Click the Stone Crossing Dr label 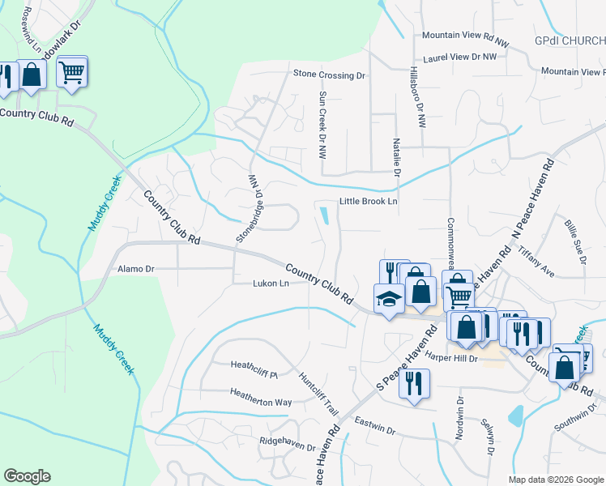point(329,75)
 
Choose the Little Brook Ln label point(368,201)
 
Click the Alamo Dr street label point(135,268)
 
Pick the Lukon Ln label point(271,283)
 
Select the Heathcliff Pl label point(254,375)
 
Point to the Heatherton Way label point(260,402)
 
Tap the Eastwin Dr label point(377,425)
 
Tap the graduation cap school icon point(389,298)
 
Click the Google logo point(27,476)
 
